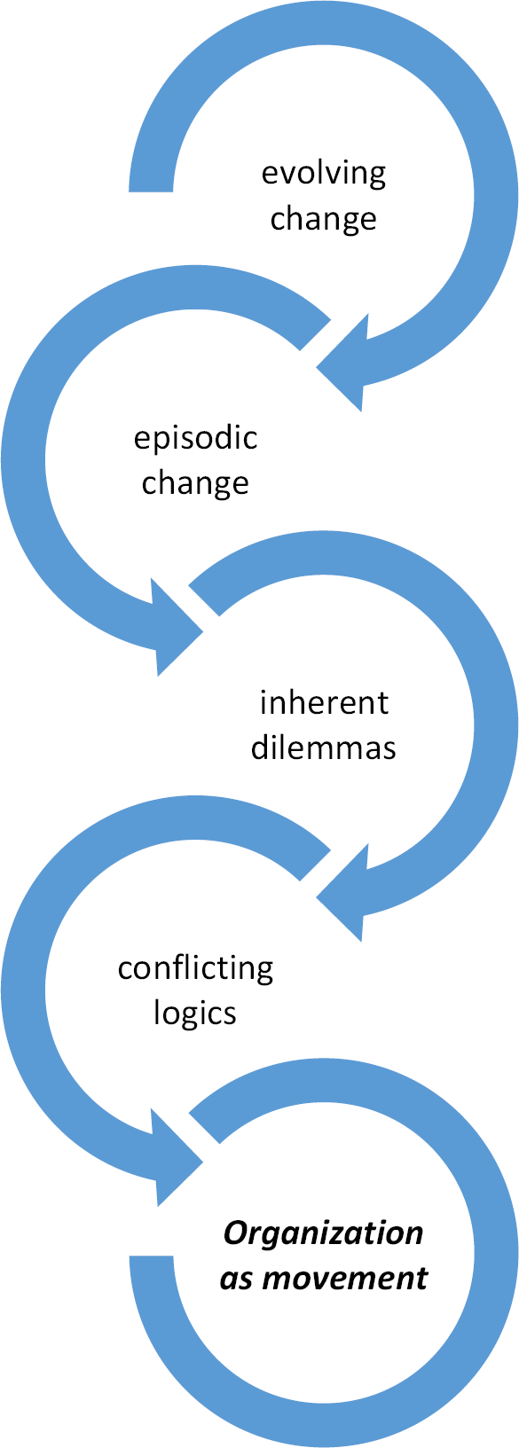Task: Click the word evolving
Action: click(x=324, y=174)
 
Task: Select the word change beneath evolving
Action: click(x=324, y=219)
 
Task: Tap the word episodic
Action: click(x=195, y=438)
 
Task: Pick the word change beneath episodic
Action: click(x=195, y=483)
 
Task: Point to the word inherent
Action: click(x=324, y=702)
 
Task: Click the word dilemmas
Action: click(x=324, y=747)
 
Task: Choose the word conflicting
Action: click(x=195, y=967)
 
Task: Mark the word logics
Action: click(x=195, y=1013)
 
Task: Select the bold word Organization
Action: click(x=324, y=1233)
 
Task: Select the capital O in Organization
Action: click(x=235, y=1233)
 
